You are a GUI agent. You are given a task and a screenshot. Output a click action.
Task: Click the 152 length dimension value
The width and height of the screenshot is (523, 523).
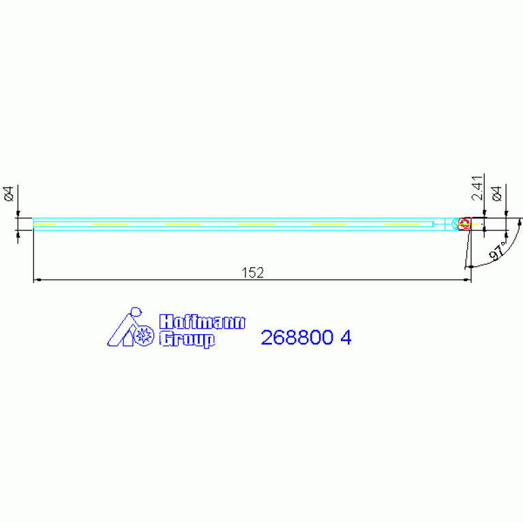coord(252,273)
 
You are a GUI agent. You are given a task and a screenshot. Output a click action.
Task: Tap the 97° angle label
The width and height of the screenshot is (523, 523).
coord(498,251)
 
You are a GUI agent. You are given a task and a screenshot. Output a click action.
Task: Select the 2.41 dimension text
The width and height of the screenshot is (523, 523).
coord(477,188)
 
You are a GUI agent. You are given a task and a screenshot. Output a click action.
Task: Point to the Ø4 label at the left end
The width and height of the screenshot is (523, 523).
coord(9,194)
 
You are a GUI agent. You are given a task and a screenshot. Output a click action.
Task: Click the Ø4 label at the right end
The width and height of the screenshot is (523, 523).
coord(496,194)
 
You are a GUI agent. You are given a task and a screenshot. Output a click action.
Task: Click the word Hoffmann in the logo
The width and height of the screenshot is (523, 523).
coord(202,322)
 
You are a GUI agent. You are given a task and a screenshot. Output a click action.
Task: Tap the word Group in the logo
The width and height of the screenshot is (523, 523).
coord(187,339)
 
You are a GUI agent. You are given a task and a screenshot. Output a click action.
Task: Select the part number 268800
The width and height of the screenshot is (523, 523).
coord(297,338)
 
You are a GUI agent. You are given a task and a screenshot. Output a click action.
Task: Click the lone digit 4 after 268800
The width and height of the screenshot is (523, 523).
coord(346,338)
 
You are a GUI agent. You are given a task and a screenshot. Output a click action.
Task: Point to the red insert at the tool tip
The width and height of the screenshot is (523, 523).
coord(464,224)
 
